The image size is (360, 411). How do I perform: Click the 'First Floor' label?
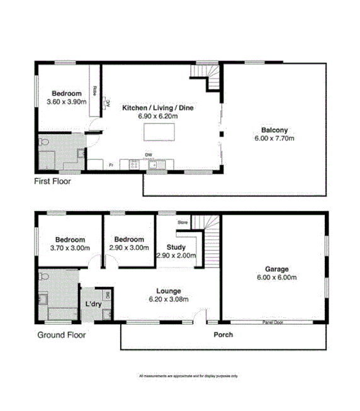click(x=52, y=181)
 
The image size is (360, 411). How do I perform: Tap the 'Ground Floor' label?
click(x=61, y=335)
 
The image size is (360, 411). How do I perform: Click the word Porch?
click(x=223, y=334)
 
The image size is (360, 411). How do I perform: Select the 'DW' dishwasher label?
click(x=149, y=154)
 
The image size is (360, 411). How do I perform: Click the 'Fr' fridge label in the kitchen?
click(x=111, y=165)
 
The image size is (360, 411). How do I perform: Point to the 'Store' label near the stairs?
click(x=183, y=222)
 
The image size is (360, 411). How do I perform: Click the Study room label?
click(x=176, y=247)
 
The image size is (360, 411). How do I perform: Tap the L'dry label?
click(x=94, y=305)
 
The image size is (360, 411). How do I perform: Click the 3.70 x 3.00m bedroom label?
click(x=69, y=248)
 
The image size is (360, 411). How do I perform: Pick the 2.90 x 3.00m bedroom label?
click(x=128, y=248)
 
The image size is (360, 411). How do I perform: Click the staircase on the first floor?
click(x=208, y=81)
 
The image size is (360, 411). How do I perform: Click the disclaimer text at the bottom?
click(x=189, y=376)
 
